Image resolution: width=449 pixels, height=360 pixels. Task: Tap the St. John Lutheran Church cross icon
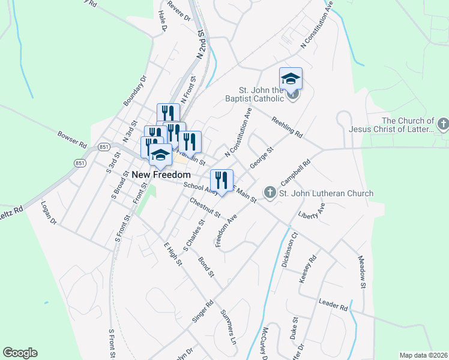[x=270, y=193]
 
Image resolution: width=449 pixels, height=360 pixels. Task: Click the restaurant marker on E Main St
[x=221, y=180]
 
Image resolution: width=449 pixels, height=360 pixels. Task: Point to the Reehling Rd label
[x=287, y=127]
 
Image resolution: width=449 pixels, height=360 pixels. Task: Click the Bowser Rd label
[x=73, y=139]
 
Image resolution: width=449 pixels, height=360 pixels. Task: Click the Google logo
[x=20, y=353]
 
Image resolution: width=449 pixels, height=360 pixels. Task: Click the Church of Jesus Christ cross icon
[x=443, y=124]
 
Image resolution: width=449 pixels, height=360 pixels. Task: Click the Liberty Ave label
[x=311, y=212]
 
